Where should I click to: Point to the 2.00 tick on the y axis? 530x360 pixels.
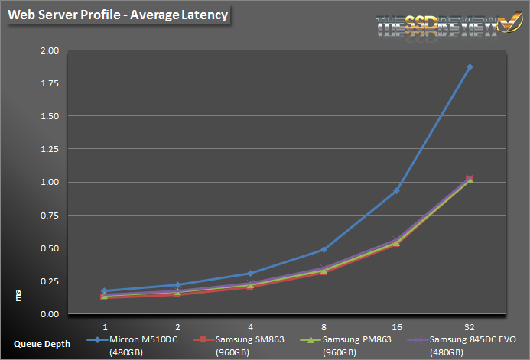coord(49,50)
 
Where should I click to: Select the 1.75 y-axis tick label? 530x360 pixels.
coord(49,83)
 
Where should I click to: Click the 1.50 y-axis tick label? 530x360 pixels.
coord(49,116)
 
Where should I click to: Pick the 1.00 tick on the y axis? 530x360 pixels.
coord(49,182)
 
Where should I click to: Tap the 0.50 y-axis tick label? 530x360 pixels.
coord(49,248)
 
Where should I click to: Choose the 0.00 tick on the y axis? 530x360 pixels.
coord(49,314)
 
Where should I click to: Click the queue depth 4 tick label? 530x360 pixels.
coord(250,326)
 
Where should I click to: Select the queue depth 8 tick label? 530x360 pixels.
coord(324,326)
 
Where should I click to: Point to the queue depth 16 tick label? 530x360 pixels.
coord(396,326)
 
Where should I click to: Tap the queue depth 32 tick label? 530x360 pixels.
coord(469,326)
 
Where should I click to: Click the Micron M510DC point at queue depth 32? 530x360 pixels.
coord(470,67)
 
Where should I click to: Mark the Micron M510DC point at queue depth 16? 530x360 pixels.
coord(396,190)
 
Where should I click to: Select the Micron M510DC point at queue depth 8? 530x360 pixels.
coord(324,249)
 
